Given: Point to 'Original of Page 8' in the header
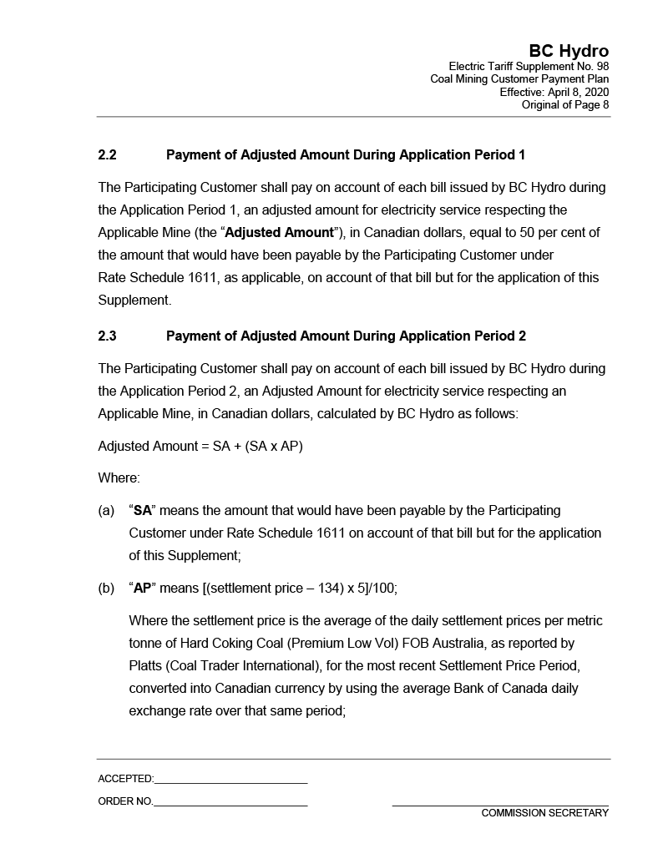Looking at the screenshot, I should (x=565, y=104).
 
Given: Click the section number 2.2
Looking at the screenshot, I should (x=107, y=155).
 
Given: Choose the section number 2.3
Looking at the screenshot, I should (x=107, y=336).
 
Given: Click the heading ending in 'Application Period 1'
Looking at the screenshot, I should (x=346, y=155).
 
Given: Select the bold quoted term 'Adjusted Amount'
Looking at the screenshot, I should (x=278, y=232).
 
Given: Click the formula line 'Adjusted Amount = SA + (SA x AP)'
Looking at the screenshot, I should (x=200, y=446).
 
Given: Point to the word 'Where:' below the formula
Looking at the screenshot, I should (x=119, y=478).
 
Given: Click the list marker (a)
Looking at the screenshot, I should (x=106, y=510).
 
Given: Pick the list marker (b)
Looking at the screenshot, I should (x=106, y=589).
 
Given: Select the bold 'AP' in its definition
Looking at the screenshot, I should (x=143, y=589).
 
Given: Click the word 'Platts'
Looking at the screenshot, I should (x=147, y=666).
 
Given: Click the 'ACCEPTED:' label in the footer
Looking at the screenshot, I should (x=125, y=779).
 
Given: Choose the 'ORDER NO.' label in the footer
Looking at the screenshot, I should (x=125, y=801).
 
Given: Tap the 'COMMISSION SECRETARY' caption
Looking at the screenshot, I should (x=544, y=813).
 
